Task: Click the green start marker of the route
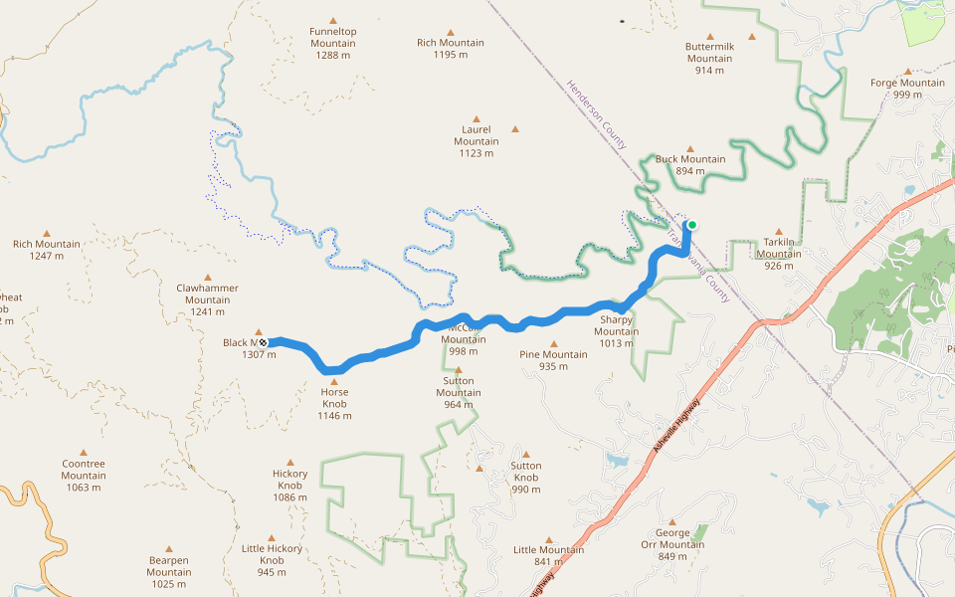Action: (x=691, y=225)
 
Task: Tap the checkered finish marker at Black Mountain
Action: (x=263, y=342)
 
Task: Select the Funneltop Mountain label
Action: (x=333, y=43)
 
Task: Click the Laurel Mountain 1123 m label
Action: (x=477, y=141)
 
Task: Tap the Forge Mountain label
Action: (x=907, y=89)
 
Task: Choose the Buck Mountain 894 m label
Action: (x=690, y=164)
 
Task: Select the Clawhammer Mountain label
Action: (x=207, y=299)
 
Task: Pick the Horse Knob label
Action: (x=334, y=404)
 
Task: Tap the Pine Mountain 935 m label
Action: (x=553, y=360)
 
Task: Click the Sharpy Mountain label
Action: (x=616, y=331)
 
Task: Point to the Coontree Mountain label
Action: (x=84, y=475)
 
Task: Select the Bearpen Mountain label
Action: (x=169, y=566)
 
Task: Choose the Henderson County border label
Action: (x=597, y=114)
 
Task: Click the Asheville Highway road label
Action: (x=677, y=427)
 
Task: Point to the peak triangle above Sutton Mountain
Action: (x=458, y=370)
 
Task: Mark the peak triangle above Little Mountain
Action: (x=548, y=537)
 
